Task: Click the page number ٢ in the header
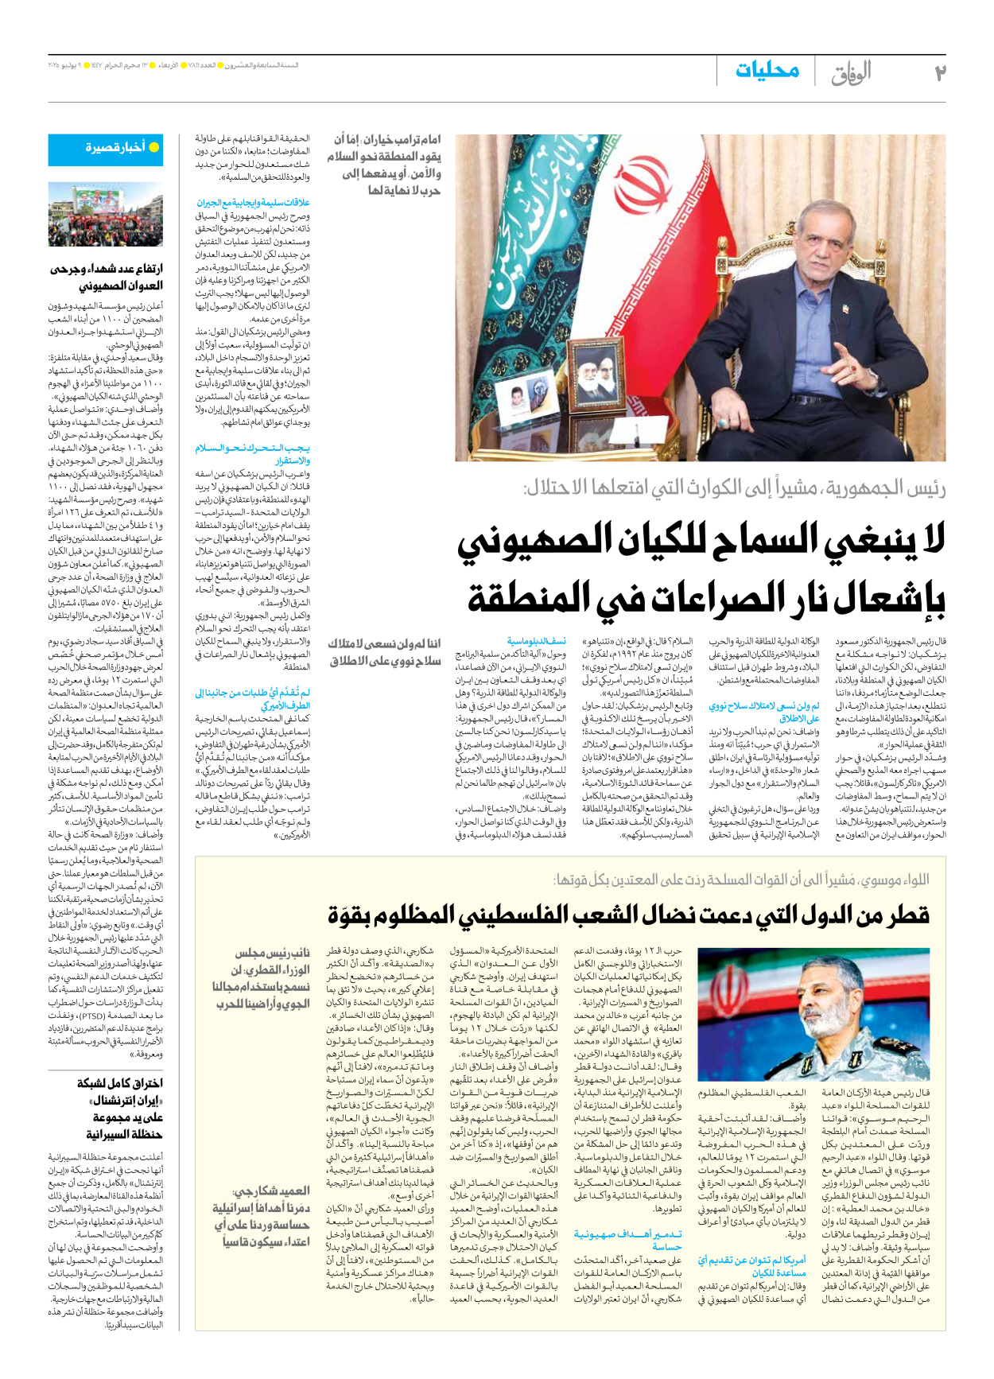point(939,72)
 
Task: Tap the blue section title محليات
point(767,70)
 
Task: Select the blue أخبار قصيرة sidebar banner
point(106,149)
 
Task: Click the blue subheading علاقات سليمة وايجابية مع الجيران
point(253,203)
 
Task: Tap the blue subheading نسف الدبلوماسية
point(537,640)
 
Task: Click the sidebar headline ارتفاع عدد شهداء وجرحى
point(106,278)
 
